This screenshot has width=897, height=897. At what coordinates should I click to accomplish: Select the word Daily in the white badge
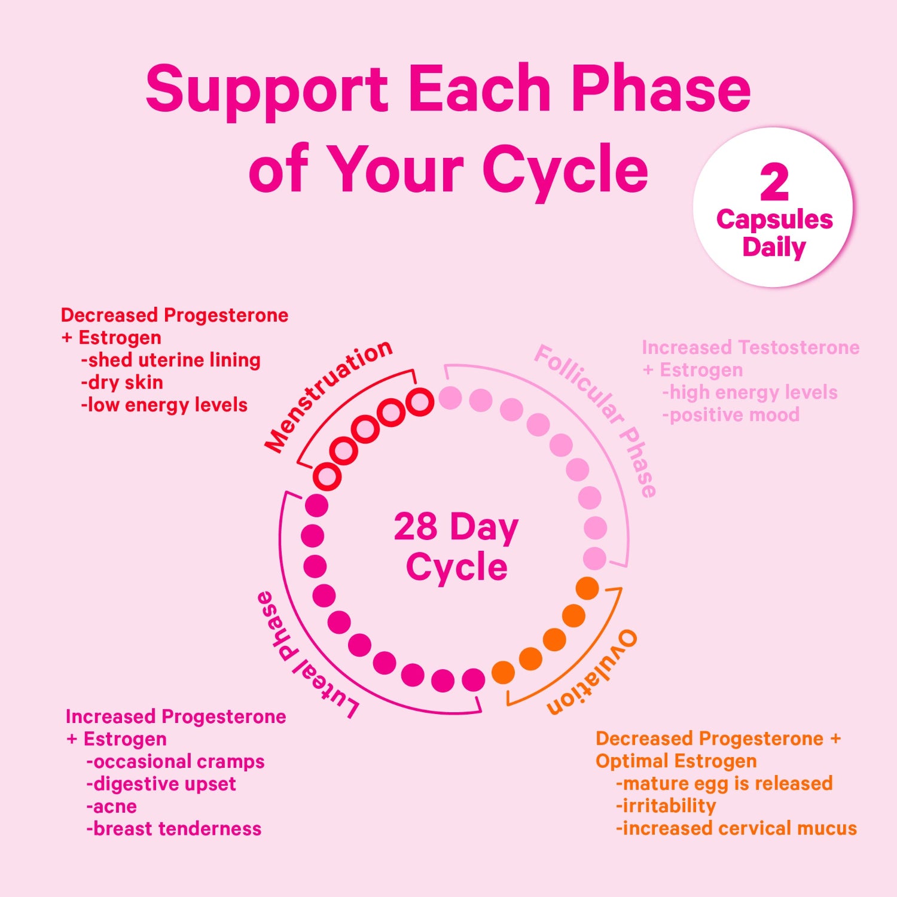[774, 247]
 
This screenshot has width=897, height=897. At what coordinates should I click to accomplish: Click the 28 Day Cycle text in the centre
[456, 547]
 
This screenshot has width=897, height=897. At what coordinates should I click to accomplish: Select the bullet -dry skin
[122, 382]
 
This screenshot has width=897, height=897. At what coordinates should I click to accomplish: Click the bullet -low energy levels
[164, 405]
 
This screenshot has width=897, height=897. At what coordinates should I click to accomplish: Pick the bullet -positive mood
[731, 414]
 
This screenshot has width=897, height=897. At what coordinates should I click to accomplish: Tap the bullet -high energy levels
[750, 392]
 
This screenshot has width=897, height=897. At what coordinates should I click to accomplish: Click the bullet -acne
[112, 806]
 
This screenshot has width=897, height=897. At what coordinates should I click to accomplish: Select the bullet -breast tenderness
[174, 829]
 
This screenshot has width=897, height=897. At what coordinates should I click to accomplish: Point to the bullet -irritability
[666, 806]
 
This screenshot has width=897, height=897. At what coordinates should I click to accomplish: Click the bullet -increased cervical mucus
[736, 828]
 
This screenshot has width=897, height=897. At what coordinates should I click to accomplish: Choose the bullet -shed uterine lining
[170, 360]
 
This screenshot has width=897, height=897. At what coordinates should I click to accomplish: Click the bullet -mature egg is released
[724, 783]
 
